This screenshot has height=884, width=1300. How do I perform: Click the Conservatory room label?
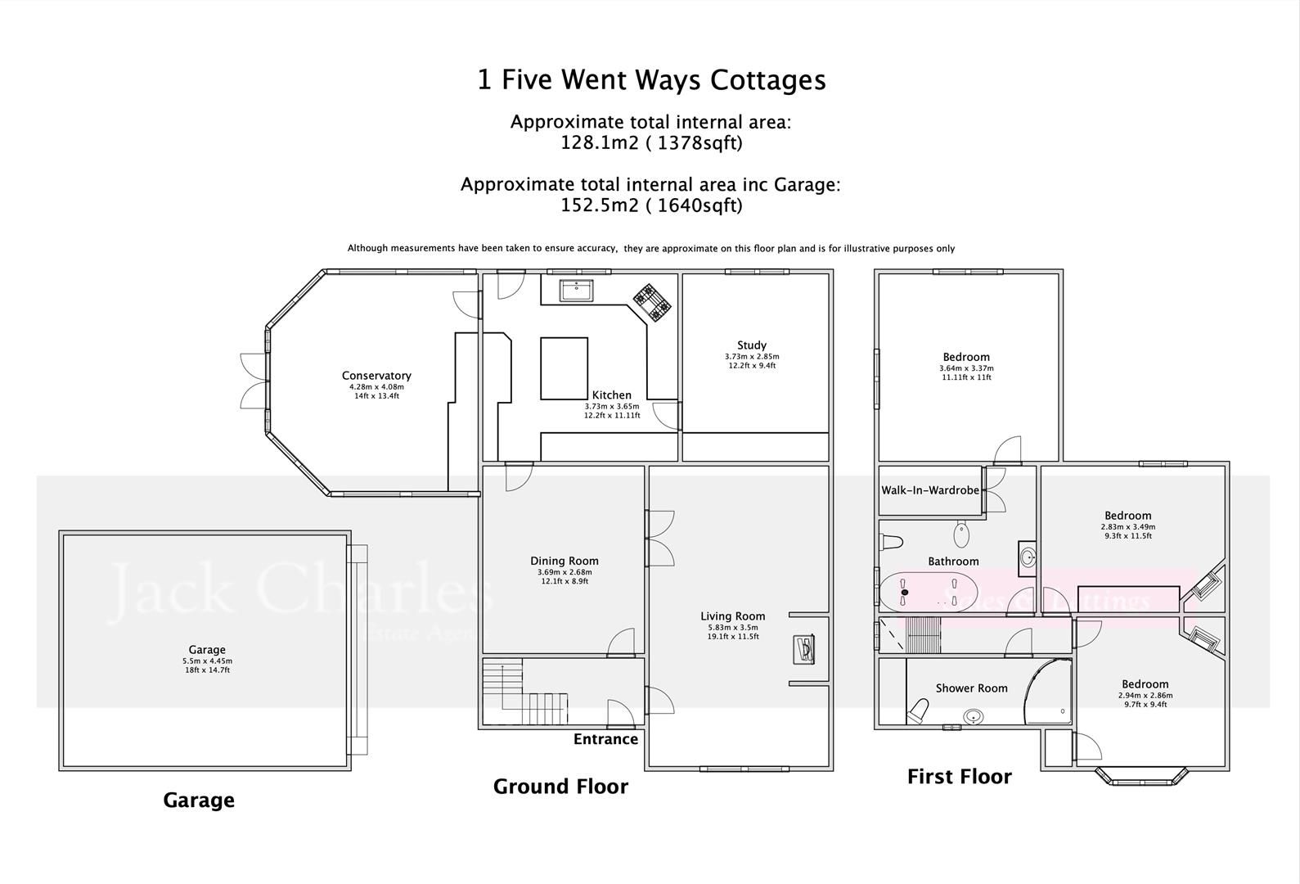pos(376,376)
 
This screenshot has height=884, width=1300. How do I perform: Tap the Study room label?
pos(751,345)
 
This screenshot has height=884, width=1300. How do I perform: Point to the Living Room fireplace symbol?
pos(804,649)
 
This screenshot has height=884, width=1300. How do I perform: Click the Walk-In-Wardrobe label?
pos(929,490)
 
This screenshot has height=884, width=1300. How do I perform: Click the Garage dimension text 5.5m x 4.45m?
pos(207,661)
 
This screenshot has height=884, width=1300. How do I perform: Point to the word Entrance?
pos(605,739)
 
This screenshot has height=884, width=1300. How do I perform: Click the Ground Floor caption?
pos(560,787)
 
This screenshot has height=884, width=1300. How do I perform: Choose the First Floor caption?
pos(959,777)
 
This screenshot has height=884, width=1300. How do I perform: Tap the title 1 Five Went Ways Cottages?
pos(651,80)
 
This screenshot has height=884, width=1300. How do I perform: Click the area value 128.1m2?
pos(597,143)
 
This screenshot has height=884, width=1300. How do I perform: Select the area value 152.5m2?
pos(597,205)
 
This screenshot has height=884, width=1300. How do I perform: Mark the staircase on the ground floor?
pos(524,692)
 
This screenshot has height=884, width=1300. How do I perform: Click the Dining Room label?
pos(564,561)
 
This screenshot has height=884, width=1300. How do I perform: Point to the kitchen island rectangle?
pos(564,368)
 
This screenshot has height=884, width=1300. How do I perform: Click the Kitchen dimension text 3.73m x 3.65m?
pos(611,406)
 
